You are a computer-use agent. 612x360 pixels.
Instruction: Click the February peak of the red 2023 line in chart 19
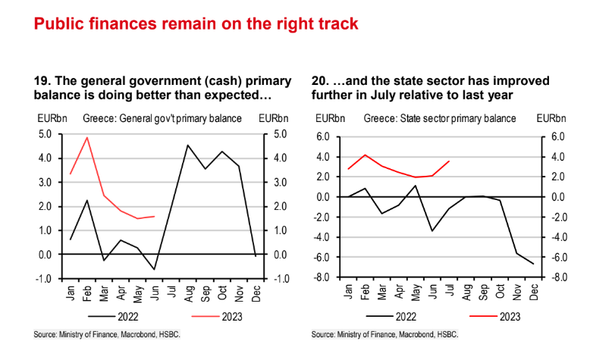[x=87, y=137]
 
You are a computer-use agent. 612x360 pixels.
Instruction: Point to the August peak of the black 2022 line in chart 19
[x=187, y=145]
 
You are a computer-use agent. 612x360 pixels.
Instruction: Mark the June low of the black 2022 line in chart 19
[x=155, y=269]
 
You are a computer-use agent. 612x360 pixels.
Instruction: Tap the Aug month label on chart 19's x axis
[x=188, y=292]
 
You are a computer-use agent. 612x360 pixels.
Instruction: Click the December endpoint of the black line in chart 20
[x=533, y=264]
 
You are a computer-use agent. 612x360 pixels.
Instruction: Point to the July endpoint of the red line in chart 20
[x=450, y=161]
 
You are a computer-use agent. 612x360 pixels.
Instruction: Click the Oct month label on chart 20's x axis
[x=501, y=292]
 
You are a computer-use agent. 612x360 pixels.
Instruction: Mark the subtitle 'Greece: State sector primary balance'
[x=440, y=119]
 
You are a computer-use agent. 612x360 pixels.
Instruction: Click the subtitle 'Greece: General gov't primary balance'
[x=156, y=119]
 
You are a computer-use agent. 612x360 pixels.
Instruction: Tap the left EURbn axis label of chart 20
[x=329, y=119]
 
